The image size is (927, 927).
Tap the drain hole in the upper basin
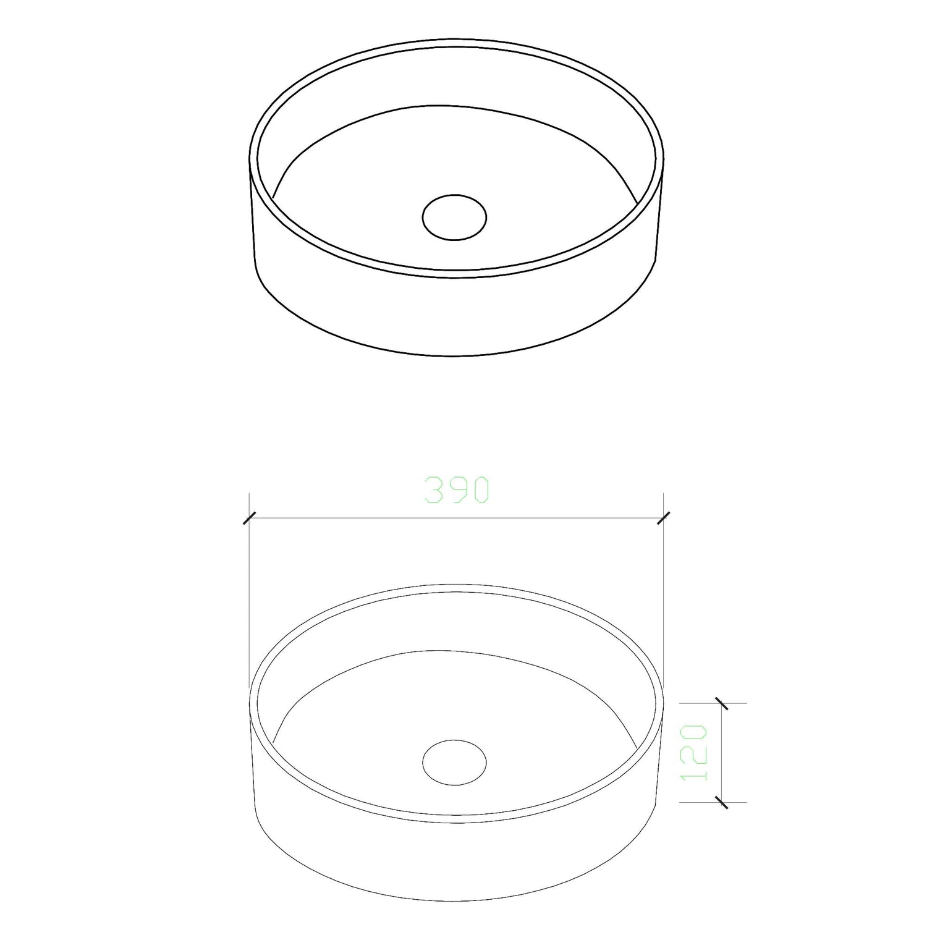tap(454, 217)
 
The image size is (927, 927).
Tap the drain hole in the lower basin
tap(454, 761)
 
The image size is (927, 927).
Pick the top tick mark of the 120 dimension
tap(721, 703)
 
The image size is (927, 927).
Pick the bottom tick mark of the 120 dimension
tap(721, 802)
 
